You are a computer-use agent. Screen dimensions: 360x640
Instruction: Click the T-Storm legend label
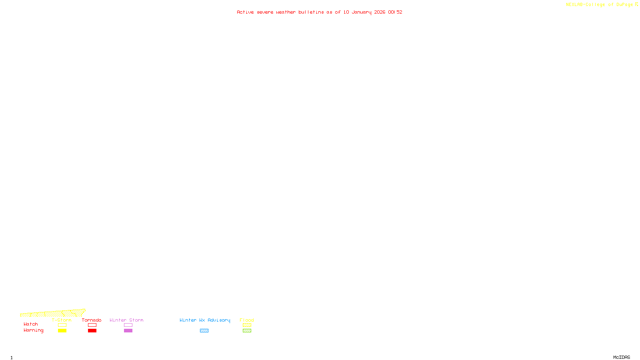(62, 320)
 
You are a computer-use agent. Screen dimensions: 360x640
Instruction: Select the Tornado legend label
(92, 320)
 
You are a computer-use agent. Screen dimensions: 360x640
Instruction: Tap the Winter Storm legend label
(126, 320)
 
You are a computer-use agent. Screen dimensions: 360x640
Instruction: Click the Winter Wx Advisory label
(205, 320)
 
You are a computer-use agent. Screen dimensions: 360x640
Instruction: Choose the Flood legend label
(247, 320)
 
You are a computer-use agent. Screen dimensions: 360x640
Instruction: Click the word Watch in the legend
(31, 324)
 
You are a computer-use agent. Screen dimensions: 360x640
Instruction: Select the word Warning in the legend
(34, 330)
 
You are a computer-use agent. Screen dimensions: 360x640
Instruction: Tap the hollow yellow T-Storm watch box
(62, 325)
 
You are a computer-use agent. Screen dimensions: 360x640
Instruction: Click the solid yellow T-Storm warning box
(62, 331)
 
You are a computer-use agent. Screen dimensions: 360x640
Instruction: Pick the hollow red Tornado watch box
(92, 325)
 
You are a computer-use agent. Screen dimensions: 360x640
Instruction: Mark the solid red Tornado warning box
(92, 331)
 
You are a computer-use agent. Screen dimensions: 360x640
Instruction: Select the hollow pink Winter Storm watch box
(128, 325)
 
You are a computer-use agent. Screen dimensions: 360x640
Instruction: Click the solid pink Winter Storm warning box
(128, 331)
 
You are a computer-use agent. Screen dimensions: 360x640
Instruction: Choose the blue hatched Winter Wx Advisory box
(204, 331)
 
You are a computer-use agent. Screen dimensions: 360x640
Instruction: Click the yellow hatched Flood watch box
(247, 325)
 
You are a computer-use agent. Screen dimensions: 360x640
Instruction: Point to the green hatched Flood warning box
(247, 331)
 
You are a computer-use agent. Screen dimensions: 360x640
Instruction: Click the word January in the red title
(362, 12)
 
